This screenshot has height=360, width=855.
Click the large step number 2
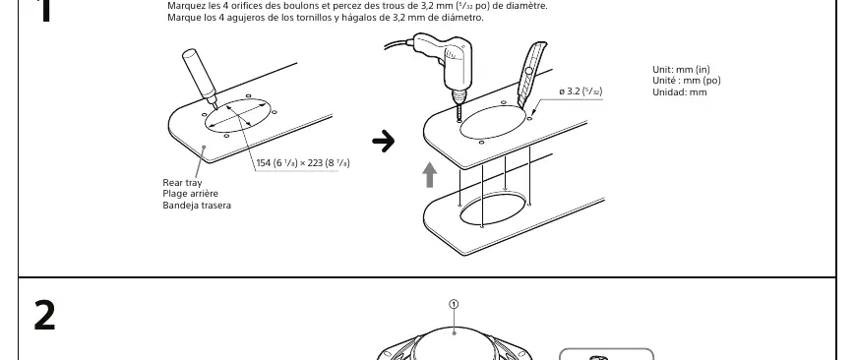coord(44,315)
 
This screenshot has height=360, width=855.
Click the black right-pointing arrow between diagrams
coord(384,142)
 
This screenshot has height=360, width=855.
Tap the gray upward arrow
coord(430,174)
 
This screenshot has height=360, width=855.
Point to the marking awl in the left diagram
coord(200,77)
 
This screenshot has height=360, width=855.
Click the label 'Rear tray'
coord(182,183)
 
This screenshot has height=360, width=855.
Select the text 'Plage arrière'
coord(190,194)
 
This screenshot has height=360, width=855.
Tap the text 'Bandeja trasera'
coord(197,206)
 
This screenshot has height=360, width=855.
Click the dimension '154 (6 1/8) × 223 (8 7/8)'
coord(303,163)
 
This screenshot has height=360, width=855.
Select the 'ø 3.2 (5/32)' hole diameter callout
coord(580,91)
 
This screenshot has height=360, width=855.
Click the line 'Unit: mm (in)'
coord(681,69)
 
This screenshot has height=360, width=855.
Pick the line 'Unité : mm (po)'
coord(687,81)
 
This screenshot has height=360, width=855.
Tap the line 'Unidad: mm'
coord(680,92)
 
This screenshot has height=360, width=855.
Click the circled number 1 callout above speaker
coord(455,304)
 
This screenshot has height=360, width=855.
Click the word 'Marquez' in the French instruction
coord(184,7)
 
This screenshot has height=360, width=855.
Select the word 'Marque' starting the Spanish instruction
coord(181,18)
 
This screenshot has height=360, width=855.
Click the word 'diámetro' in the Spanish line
coord(464,18)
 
